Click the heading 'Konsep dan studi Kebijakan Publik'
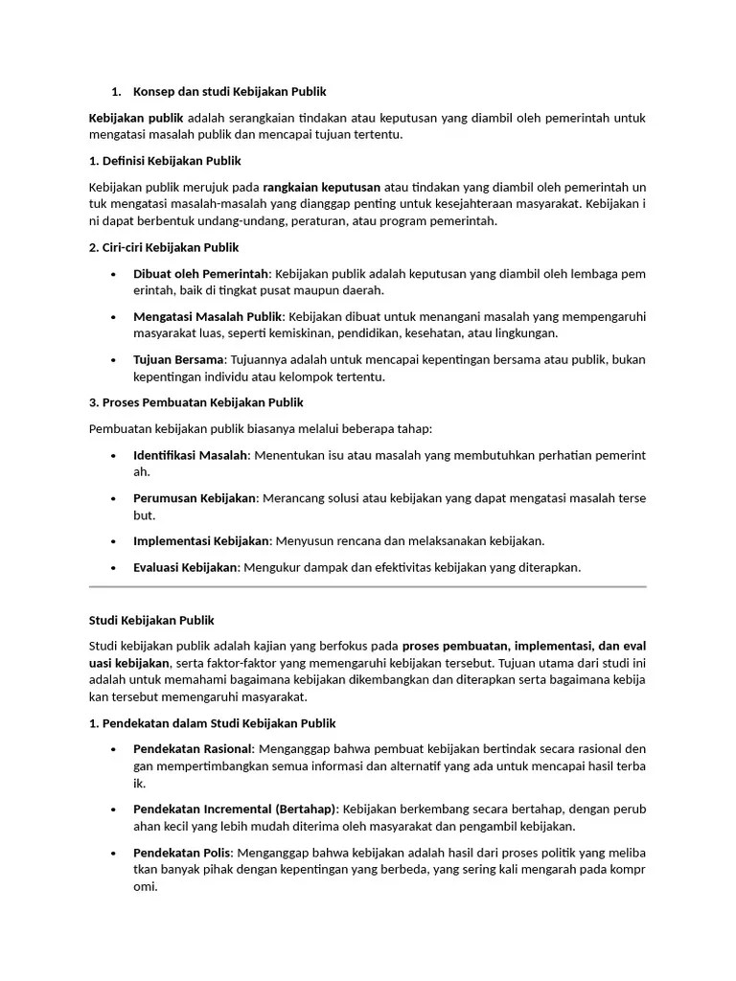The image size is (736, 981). click(230, 92)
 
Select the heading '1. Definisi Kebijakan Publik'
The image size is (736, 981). click(165, 160)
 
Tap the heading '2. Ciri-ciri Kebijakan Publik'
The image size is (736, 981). click(163, 247)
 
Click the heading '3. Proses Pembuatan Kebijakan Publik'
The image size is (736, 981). click(195, 402)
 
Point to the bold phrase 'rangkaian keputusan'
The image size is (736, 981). click(321, 186)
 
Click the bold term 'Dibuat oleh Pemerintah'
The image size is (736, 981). click(201, 273)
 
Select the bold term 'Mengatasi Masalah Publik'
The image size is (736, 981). click(208, 316)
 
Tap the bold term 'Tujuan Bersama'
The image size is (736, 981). click(178, 359)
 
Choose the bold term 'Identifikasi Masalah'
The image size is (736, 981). click(191, 454)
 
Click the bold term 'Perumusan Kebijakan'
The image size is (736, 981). click(195, 498)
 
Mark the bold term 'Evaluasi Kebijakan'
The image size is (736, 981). click(185, 567)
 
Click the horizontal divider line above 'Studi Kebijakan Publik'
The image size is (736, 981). click(367, 586)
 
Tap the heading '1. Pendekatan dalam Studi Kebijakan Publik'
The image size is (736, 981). click(212, 723)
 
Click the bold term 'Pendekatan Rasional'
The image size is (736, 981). click(193, 749)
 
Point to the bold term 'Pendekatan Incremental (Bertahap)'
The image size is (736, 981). click(235, 810)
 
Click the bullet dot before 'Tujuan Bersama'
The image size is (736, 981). click(114, 360)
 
